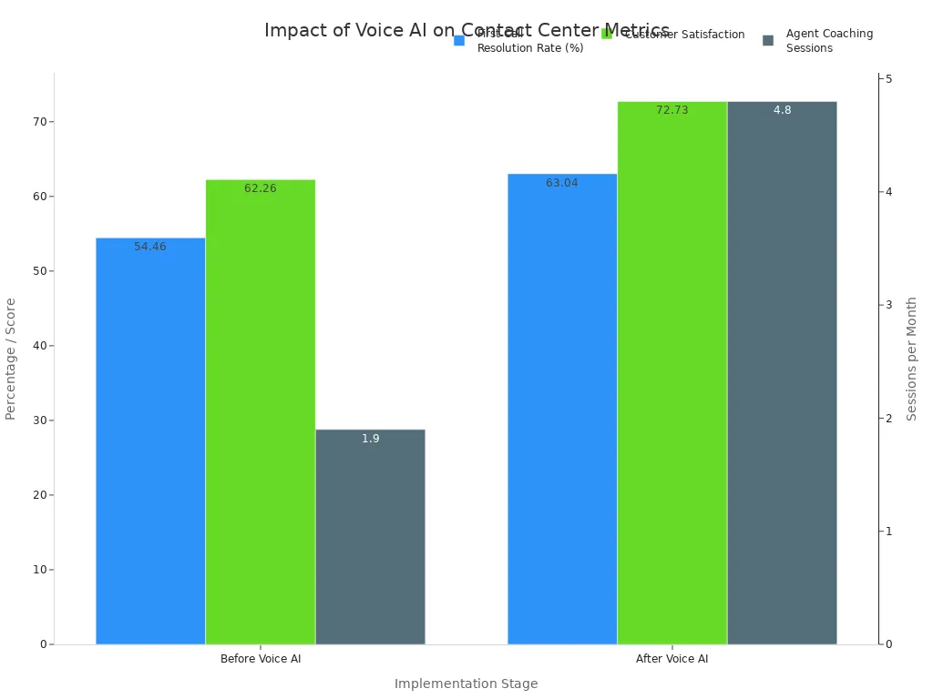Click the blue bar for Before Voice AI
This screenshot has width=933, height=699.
150,441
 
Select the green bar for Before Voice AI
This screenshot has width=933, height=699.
261,412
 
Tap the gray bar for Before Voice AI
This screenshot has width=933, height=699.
370,537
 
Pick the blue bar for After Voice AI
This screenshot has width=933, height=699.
562,410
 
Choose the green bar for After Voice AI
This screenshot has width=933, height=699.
672,373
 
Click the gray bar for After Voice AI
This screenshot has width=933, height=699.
782,373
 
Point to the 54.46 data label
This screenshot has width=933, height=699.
150,247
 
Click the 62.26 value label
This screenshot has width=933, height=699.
261,188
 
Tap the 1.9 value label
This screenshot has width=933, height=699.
370,439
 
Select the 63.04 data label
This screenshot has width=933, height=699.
562,183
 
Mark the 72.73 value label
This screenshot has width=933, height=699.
672,110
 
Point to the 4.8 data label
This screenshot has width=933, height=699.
782,110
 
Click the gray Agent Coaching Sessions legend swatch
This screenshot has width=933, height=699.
768,40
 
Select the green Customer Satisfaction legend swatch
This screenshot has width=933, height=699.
607,34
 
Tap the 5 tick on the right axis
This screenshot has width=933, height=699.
888,79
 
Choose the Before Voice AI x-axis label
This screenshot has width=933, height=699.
261,659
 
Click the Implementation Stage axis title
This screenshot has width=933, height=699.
466,684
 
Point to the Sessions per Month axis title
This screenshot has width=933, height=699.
911,359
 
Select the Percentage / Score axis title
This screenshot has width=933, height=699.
11,359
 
